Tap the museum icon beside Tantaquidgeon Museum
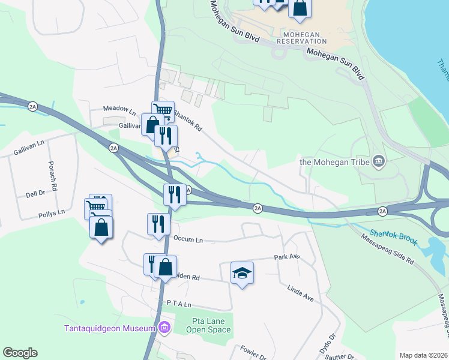tap(164, 328)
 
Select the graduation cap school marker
tap(242, 273)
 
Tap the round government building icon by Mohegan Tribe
tap(378, 160)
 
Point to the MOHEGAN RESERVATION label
tap(302, 38)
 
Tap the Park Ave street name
tap(286, 257)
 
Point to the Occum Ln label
tap(188, 239)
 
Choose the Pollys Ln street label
tap(50, 214)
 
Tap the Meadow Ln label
tap(119, 110)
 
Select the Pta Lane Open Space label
tap(211, 325)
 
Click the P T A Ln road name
tap(178, 304)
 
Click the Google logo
tap(20, 353)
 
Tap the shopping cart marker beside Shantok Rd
tap(163, 110)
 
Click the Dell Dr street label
tap(36, 194)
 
